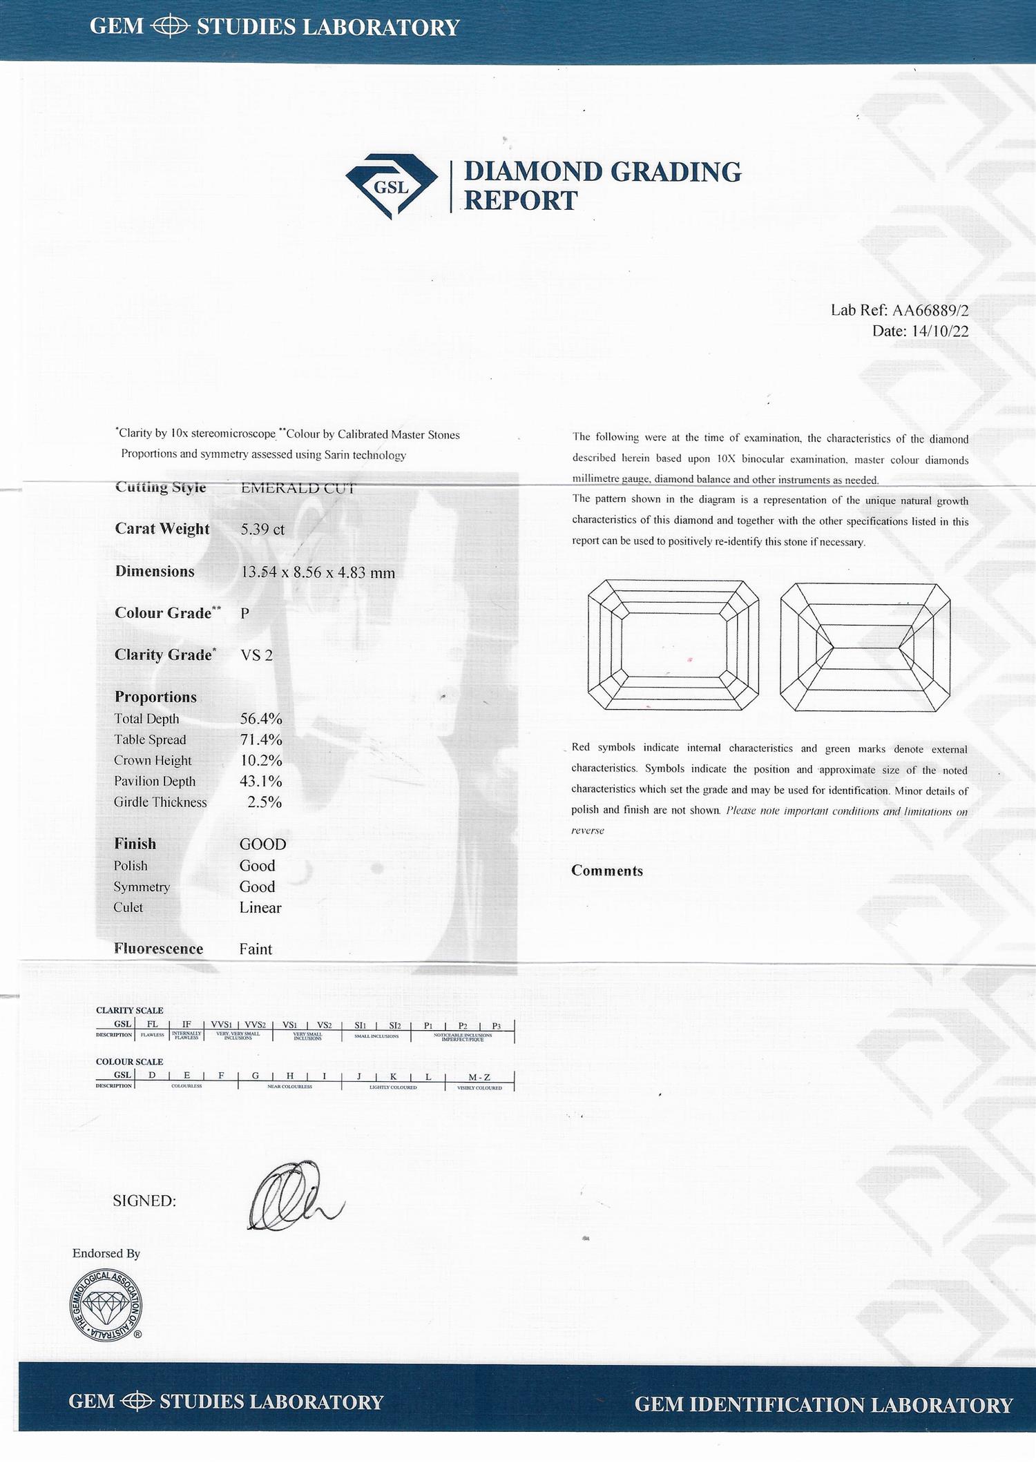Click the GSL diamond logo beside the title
[391, 186]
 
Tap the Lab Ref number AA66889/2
[930, 310]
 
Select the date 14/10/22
[940, 331]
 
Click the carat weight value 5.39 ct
[262, 530]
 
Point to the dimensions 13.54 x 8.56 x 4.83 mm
[318, 572]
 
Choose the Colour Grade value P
[245, 613]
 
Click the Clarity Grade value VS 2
[256, 655]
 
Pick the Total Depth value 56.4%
[261, 719]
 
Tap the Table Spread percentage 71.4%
[261, 739]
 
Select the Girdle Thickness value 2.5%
[265, 802]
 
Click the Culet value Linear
[260, 908]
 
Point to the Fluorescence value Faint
[256, 949]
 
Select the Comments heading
[606, 871]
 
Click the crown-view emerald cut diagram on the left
[673, 645]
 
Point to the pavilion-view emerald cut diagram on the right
[865, 647]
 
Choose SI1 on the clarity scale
[360, 1025]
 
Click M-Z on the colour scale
[479, 1077]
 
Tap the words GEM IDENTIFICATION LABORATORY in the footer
[823, 1405]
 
